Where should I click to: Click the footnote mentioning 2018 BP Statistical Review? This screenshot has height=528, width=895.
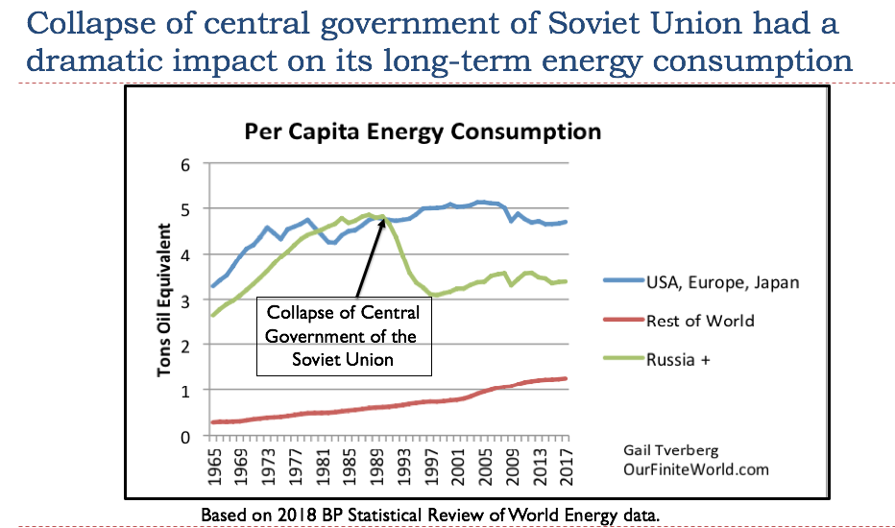[x=430, y=515]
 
